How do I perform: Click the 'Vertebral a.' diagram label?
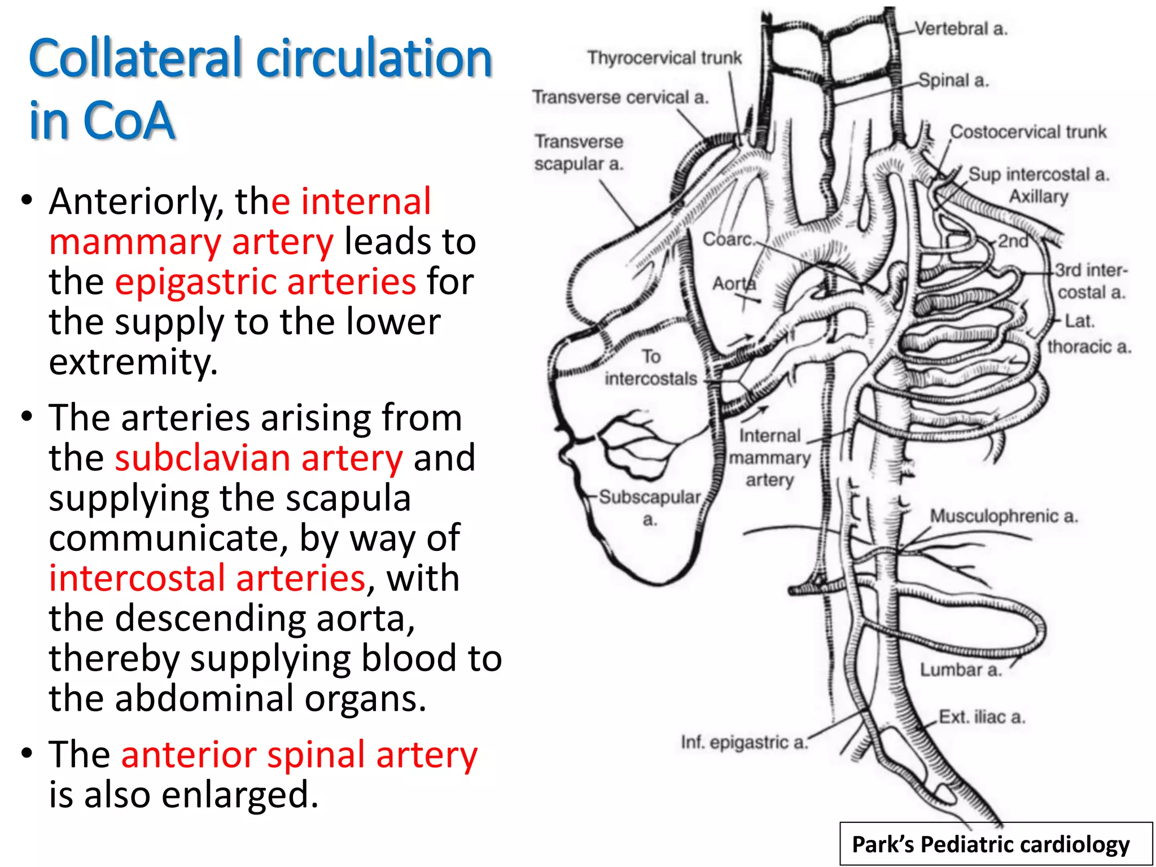click(x=960, y=29)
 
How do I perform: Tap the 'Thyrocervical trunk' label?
click(x=664, y=58)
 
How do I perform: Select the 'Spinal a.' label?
click(x=953, y=81)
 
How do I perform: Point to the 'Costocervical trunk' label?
click(x=1028, y=132)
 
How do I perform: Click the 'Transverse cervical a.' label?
click(x=620, y=98)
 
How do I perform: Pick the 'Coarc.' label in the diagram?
click(x=728, y=239)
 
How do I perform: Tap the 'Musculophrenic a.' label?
click(x=1004, y=516)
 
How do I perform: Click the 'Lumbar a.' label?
click(x=961, y=670)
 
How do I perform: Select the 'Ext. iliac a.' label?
click(x=982, y=717)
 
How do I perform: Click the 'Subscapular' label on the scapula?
click(x=649, y=497)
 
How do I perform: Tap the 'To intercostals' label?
click(x=651, y=367)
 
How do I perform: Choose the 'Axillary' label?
click(x=1039, y=196)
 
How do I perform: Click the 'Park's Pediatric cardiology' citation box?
click(x=996, y=844)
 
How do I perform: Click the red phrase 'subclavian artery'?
click(x=259, y=458)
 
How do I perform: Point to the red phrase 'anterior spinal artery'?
click(x=299, y=755)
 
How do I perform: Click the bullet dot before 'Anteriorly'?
click(x=25, y=202)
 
